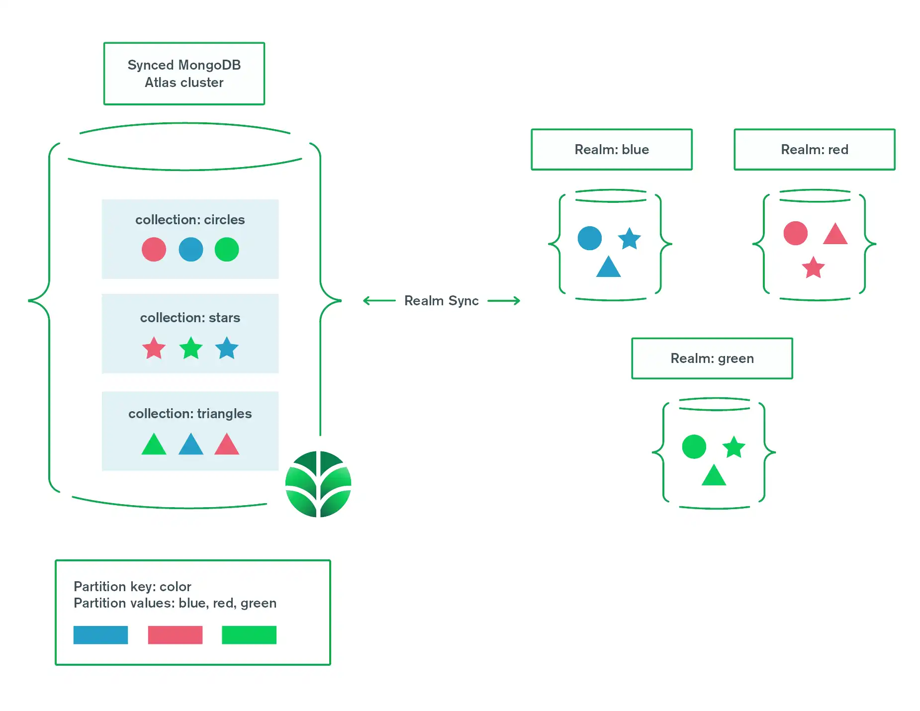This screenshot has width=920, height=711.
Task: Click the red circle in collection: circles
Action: coord(154,249)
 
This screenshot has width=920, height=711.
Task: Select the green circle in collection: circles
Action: coord(227,249)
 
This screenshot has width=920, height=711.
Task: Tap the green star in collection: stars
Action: coord(190,348)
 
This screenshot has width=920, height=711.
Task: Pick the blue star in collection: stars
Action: coord(227,348)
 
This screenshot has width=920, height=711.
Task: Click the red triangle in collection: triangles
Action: coord(227,445)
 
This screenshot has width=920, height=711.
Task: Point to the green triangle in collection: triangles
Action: coord(154,445)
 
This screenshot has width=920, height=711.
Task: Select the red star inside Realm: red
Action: coord(813,268)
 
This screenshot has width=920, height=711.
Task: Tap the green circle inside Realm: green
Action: coord(694,446)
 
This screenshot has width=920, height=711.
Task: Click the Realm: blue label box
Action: coord(611,150)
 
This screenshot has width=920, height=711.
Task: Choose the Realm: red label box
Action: coord(814,150)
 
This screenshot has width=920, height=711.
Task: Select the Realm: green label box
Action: coord(712,358)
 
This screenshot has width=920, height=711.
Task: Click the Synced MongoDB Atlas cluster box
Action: coord(184,74)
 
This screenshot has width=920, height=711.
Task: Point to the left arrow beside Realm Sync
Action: coord(379,301)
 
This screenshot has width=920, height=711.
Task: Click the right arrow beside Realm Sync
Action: coord(504,301)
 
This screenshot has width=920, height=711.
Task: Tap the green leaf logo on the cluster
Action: coord(318,484)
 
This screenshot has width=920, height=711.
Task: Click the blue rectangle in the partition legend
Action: coord(100,635)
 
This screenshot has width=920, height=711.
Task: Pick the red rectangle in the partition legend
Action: coord(175,635)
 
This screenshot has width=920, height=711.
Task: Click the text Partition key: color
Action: coord(132,587)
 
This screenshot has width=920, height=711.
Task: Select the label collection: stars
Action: coord(190,318)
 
